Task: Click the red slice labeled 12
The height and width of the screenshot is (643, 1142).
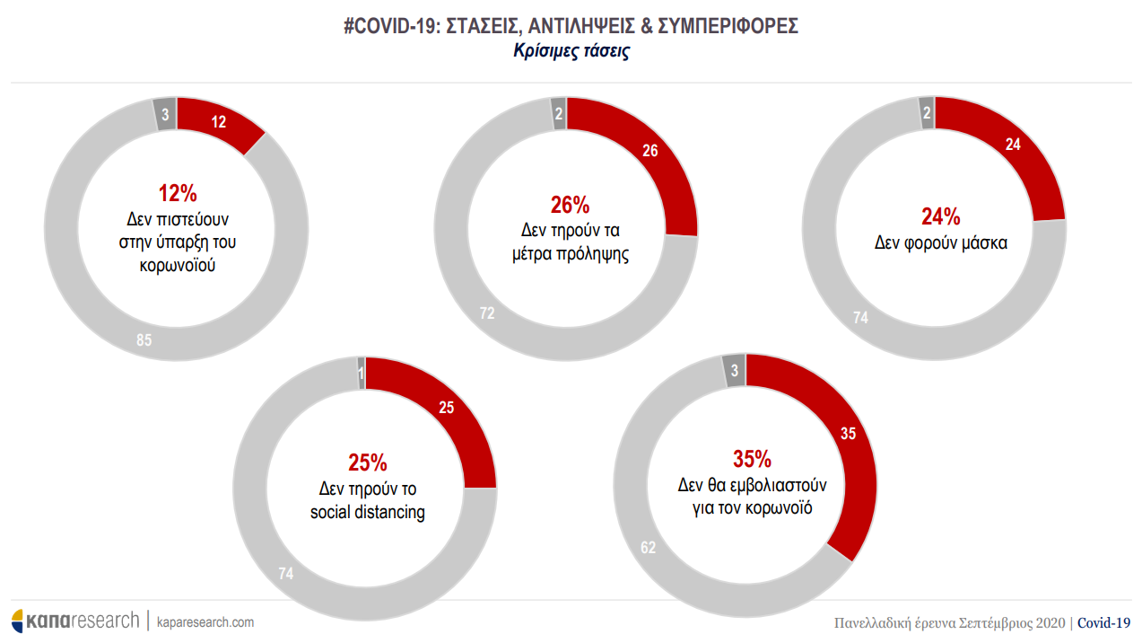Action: (x=218, y=124)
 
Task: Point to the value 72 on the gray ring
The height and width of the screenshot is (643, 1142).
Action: (x=487, y=313)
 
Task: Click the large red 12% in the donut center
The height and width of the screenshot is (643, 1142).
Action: (x=178, y=193)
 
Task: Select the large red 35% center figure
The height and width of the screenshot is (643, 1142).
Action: (x=752, y=460)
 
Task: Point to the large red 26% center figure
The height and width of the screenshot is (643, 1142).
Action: (x=569, y=205)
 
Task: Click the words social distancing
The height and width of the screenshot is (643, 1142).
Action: (x=368, y=513)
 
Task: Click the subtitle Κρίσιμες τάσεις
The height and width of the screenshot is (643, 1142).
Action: (x=571, y=51)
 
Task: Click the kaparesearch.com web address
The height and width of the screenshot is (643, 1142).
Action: (x=205, y=621)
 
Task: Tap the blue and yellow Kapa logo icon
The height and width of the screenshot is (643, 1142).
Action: (x=18, y=621)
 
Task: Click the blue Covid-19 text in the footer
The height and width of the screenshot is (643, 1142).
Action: (x=1103, y=622)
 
